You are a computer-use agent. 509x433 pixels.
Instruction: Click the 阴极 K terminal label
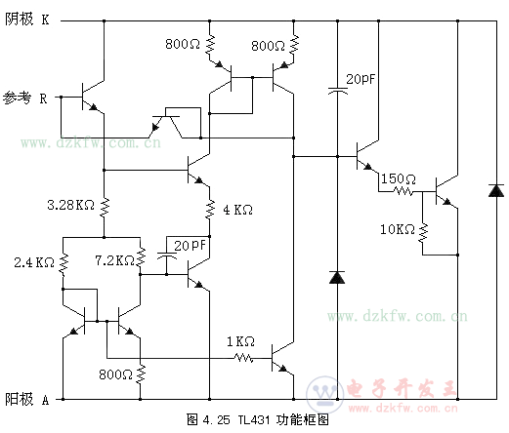point(26,20)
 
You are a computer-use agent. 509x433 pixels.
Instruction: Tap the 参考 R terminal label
point(24,98)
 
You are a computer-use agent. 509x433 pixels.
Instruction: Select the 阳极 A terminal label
point(26,399)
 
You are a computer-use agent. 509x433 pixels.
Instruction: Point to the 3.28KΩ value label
point(70,205)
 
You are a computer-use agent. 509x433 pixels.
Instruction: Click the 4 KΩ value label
point(237,210)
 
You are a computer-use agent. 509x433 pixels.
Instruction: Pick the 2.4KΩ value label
point(34,262)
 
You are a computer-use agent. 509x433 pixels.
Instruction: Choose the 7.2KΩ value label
point(114,260)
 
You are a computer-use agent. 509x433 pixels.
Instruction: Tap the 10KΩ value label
point(398,229)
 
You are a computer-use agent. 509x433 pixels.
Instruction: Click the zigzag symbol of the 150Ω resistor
point(403,191)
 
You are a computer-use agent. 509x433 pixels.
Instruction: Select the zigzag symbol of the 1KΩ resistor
point(243,358)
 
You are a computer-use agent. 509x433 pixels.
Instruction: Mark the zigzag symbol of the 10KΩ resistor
point(423,232)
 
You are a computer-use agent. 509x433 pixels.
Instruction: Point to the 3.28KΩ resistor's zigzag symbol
point(105,208)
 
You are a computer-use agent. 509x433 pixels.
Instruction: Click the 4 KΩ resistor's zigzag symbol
point(210,209)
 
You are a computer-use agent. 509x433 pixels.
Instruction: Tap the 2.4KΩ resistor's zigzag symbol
point(64,264)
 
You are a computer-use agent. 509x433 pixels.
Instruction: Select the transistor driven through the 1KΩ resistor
point(282,358)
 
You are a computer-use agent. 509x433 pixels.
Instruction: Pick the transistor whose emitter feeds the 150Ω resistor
point(367,157)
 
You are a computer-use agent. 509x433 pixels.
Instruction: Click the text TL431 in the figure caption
point(254,419)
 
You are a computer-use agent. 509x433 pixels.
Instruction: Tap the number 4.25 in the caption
point(216,420)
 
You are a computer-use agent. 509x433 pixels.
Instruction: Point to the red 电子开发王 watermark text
point(402,388)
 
